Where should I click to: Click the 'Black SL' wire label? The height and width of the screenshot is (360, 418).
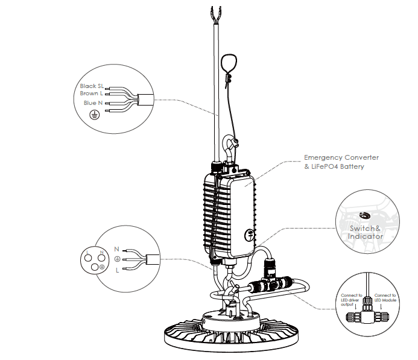[x=92, y=86]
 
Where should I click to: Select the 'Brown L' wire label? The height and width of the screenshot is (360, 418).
[x=91, y=93]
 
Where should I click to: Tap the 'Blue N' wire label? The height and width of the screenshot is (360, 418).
[x=93, y=103]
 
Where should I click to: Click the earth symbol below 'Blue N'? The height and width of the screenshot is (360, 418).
[x=94, y=115]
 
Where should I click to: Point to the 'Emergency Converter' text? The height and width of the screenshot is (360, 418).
[x=341, y=157]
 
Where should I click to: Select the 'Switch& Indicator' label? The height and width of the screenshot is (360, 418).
[x=365, y=232]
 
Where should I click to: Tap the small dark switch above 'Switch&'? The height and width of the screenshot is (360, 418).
[x=364, y=215]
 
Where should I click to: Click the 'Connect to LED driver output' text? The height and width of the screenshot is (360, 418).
[x=352, y=300]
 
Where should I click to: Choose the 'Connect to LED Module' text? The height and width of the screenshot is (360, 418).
[x=385, y=298]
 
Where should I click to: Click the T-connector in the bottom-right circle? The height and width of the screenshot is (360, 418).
[x=367, y=314]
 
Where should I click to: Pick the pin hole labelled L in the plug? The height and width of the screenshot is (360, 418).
[x=88, y=258]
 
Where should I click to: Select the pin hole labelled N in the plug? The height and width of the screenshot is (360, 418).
[x=101, y=258]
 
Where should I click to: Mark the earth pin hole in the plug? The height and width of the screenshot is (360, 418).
[x=95, y=267]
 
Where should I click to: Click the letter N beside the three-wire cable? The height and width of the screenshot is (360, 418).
[x=116, y=249]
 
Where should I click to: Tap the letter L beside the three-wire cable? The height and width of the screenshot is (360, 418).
[x=117, y=270]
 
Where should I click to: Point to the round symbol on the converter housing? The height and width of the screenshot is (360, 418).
[x=250, y=235]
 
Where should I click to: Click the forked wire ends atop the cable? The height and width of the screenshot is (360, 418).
[x=216, y=14]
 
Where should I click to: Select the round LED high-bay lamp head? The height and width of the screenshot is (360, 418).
[x=231, y=330]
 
